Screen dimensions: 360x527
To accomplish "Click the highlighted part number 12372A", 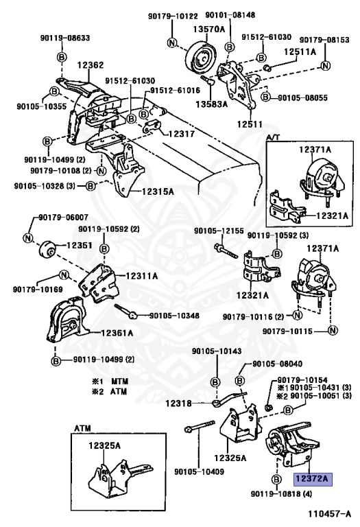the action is click(x=313, y=478).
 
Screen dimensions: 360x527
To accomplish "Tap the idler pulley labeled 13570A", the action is click(x=202, y=57).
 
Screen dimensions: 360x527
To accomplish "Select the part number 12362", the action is click(x=91, y=65).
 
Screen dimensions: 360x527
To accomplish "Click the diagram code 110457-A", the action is click(x=330, y=514).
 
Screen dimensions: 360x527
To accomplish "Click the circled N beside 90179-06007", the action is click(x=28, y=238).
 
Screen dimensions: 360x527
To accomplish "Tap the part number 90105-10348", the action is click(x=174, y=316).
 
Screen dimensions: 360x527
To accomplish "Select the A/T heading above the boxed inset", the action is click(x=273, y=137).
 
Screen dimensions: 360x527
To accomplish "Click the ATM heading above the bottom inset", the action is click(x=82, y=428).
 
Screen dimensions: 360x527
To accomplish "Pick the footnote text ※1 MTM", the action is click(x=110, y=382).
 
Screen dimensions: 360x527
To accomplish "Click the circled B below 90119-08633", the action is click(x=62, y=57).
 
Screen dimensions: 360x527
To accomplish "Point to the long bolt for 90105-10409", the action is click(x=200, y=426).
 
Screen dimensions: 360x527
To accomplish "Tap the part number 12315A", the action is click(x=158, y=191).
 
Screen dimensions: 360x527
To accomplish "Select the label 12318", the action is click(x=178, y=403).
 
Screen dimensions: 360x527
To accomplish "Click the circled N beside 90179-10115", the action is click(x=333, y=331).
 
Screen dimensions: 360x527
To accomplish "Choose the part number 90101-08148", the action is click(x=230, y=15).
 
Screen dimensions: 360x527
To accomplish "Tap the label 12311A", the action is click(x=142, y=276).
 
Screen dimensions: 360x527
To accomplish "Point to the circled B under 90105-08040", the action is click(x=240, y=381).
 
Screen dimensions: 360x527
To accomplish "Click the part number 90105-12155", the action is click(x=219, y=231).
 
